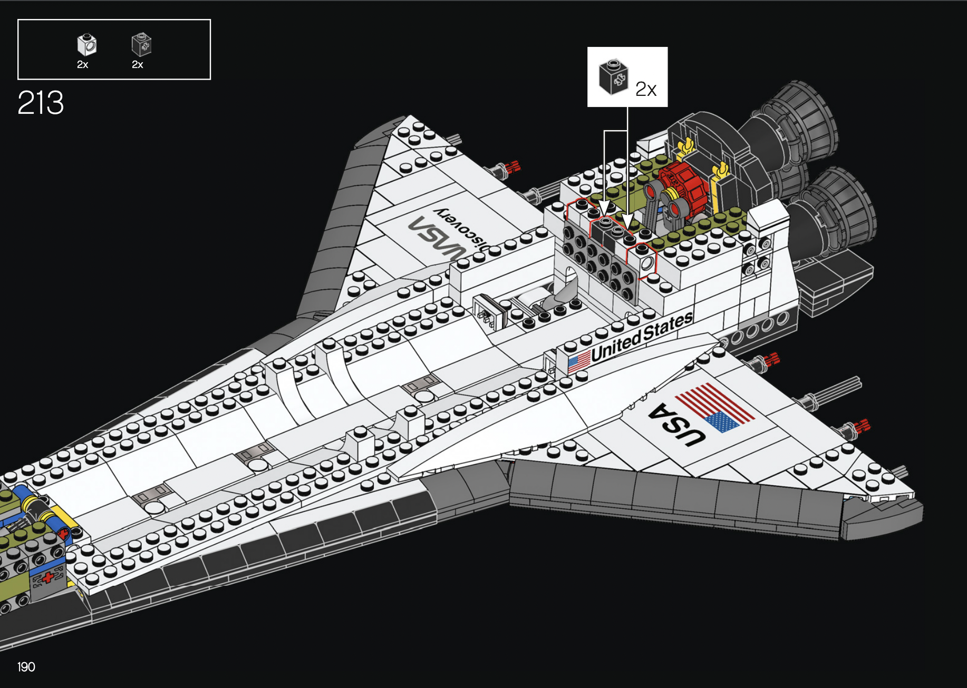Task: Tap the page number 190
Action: (26, 667)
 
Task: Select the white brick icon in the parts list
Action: (86, 45)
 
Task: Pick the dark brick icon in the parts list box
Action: (141, 45)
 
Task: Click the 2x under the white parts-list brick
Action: (82, 65)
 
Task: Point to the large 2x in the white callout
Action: (645, 89)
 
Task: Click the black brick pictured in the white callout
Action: (613, 77)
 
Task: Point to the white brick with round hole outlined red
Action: (644, 261)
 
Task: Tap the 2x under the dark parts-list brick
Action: (137, 65)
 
